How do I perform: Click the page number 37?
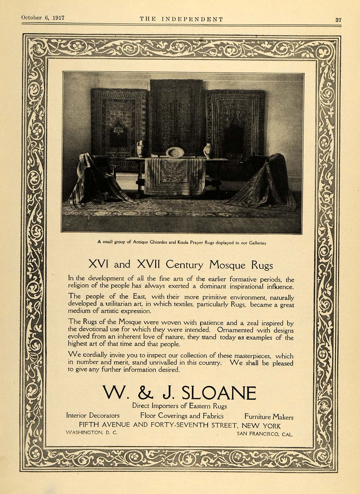tap(338, 20)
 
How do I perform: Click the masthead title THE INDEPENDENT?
tap(181, 19)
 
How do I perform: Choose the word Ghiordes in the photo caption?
tap(157, 243)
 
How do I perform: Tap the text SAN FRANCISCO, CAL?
tap(265, 434)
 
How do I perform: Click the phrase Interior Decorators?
tap(93, 416)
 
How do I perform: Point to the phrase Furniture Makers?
tap(269, 417)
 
